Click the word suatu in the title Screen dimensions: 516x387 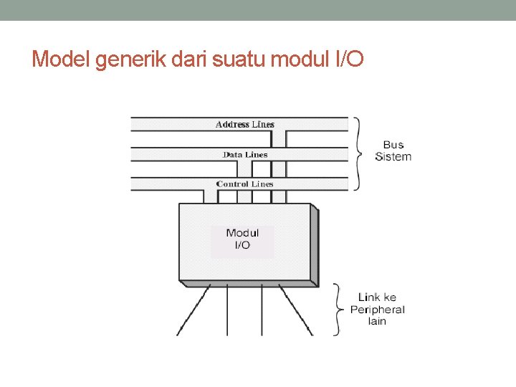[234, 59]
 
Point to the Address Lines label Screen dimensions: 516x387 [245, 125]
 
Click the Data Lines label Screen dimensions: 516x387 [245, 155]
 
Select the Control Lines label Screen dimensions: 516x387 [245, 184]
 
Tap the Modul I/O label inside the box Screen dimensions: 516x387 [242, 239]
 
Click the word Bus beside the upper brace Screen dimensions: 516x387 [393, 145]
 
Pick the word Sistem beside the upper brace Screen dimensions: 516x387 [393, 157]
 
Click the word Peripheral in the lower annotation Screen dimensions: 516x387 [377, 310]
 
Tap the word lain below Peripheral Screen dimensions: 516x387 [377, 322]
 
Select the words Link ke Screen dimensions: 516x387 [377, 297]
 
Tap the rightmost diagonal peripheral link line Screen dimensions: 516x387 [295, 310]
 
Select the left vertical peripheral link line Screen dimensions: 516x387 [227, 310]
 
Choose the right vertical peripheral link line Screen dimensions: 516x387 [262, 310]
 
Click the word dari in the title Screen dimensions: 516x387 [188, 59]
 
